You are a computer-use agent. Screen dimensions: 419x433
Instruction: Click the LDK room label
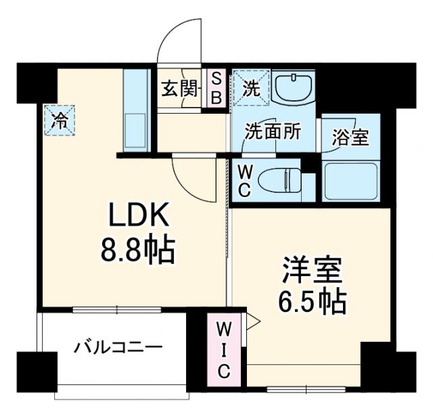[139, 218]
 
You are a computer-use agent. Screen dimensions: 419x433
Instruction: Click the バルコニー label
[118, 349]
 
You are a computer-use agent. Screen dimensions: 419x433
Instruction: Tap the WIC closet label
[224, 351]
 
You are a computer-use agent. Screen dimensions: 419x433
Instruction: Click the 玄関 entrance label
[179, 88]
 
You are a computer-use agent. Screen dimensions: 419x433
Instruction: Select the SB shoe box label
[216, 89]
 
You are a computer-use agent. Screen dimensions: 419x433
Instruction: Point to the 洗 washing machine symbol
[251, 89]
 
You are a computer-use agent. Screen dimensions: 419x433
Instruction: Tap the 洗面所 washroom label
[273, 131]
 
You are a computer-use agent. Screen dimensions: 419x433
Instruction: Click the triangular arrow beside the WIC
[252, 321]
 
